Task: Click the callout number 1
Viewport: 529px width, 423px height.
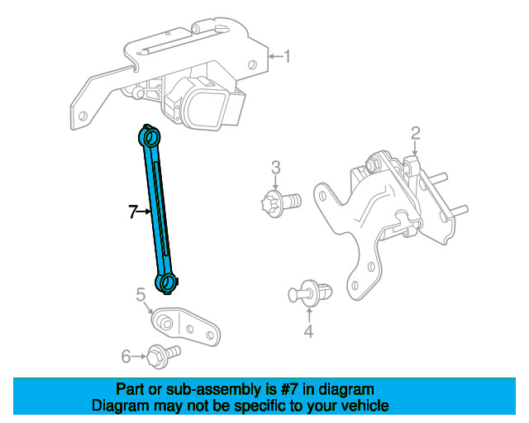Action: pyautogui.click(x=287, y=57)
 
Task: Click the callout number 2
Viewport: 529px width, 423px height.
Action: pyautogui.click(x=416, y=132)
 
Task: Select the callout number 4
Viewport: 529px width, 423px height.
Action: pyautogui.click(x=308, y=332)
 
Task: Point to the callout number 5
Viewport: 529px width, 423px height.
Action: pyautogui.click(x=141, y=293)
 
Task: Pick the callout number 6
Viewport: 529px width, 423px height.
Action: pyautogui.click(x=126, y=356)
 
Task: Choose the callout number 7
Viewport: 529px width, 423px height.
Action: pyautogui.click(x=133, y=212)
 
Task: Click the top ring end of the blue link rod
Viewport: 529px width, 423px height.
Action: pyautogui.click(x=150, y=135)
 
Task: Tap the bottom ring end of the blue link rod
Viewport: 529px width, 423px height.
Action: pyautogui.click(x=169, y=281)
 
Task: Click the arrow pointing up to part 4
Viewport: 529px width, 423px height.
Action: pyautogui.click(x=308, y=314)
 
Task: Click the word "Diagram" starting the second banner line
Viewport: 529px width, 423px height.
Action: pyautogui.click(x=118, y=406)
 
